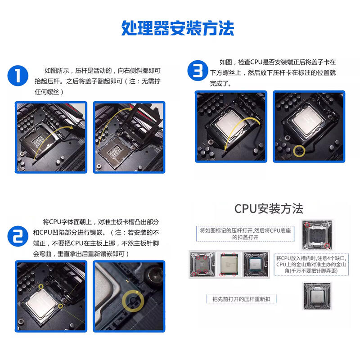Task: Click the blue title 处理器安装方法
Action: click(x=177, y=28)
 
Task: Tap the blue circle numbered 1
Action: click(x=18, y=76)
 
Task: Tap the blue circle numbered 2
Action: click(x=18, y=236)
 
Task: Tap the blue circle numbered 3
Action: click(x=198, y=71)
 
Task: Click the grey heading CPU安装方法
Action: click(x=269, y=209)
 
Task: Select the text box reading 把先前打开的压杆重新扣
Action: click(x=241, y=299)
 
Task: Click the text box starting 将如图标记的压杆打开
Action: click(x=245, y=234)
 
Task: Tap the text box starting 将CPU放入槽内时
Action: click(x=311, y=265)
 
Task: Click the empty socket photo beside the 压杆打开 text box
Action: click(x=317, y=235)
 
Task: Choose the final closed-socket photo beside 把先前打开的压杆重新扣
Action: click(x=318, y=297)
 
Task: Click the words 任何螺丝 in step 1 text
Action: click(x=47, y=92)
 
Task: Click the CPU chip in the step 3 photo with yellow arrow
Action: click(x=231, y=122)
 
